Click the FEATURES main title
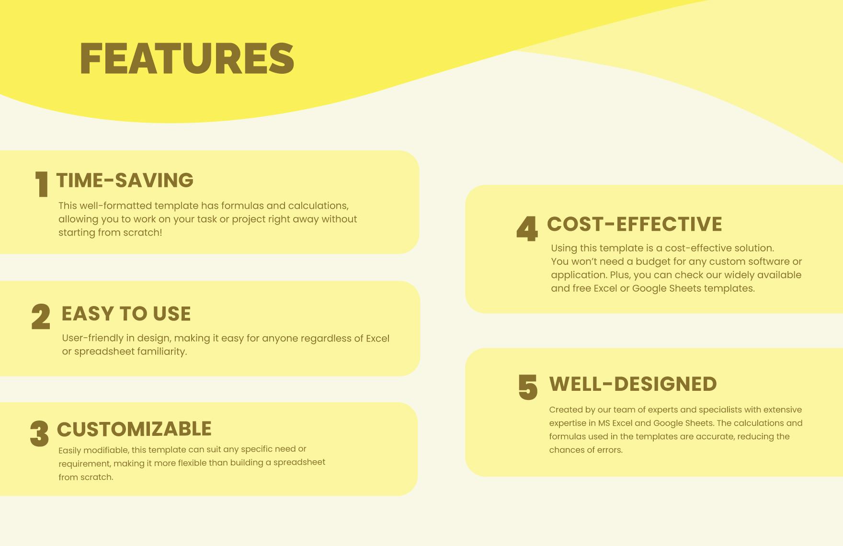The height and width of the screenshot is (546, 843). (187, 58)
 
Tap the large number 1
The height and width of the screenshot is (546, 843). (42, 184)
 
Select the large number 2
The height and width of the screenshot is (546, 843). (41, 317)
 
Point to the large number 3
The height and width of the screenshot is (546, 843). (39, 434)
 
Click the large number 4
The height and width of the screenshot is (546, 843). (527, 228)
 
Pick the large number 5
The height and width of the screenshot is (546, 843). (528, 387)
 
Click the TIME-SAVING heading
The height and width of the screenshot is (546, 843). (125, 181)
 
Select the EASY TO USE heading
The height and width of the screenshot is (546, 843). (126, 314)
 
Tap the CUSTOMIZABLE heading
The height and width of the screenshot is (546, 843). (134, 429)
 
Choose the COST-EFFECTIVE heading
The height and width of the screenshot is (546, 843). (635, 224)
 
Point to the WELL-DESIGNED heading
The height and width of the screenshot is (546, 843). (633, 384)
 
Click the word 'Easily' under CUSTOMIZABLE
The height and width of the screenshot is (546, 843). (69, 450)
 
